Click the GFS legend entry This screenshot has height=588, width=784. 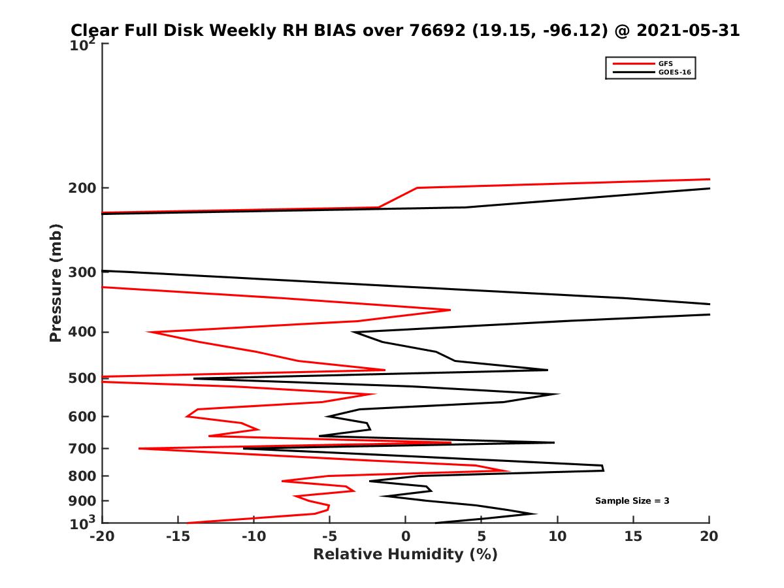point(665,63)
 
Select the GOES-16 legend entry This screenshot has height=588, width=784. point(672,73)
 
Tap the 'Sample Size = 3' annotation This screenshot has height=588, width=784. point(632,501)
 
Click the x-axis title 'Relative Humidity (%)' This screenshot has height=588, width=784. point(405,555)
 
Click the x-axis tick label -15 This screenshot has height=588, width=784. point(178,537)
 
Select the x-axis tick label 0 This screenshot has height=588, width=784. point(405,537)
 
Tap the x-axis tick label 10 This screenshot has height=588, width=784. point(557,537)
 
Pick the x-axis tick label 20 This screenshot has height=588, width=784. point(709,537)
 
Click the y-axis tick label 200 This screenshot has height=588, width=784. point(82,188)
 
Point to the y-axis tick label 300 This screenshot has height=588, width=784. point(82,272)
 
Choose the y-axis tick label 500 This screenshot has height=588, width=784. point(82,378)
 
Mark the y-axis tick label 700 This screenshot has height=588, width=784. point(82,448)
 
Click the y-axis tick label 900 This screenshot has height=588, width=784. point(82,501)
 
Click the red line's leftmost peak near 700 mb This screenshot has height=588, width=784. point(139,448)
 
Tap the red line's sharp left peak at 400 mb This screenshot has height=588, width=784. point(148,332)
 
